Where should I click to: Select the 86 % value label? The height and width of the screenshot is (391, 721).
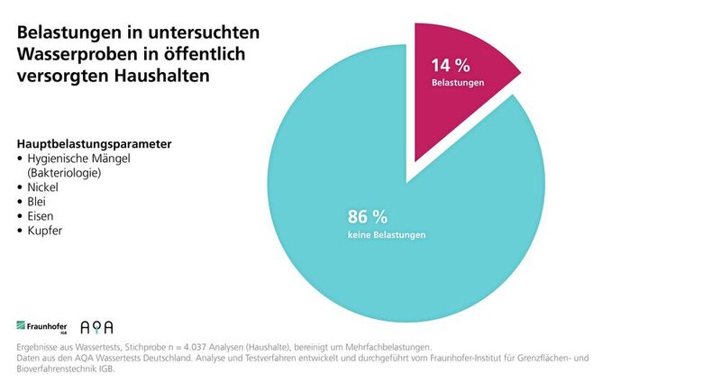click(x=368, y=216)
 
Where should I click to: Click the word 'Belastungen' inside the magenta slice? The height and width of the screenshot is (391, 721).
click(x=458, y=83)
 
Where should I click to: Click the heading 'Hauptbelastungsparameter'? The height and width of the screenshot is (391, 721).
click(x=95, y=144)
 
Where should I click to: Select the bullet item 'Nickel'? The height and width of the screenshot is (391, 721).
click(x=45, y=186)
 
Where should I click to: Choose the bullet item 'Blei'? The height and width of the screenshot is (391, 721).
click(x=39, y=202)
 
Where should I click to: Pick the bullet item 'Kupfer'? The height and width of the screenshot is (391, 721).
click(x=46, y=232)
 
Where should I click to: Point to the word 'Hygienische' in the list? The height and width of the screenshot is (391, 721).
click(x=59, y=158)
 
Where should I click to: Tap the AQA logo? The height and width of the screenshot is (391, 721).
click(x=96, y=326)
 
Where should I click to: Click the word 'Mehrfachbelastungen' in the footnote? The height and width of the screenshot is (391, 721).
click(x=388, y=347)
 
